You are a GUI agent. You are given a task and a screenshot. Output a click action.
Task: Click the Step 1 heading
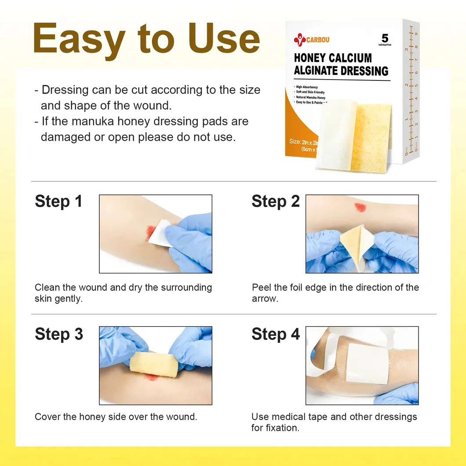(58, 201)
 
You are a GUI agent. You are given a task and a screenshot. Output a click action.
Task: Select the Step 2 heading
(275, 201)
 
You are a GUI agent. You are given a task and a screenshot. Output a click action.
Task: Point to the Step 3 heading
(58, 334)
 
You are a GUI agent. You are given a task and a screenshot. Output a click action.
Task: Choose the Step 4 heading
(275, 334)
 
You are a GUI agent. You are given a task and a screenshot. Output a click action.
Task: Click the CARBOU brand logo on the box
(311, 40)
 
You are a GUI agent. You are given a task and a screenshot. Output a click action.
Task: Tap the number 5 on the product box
(385, 38)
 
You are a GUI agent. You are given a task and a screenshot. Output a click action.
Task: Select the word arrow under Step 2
(265, 299)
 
